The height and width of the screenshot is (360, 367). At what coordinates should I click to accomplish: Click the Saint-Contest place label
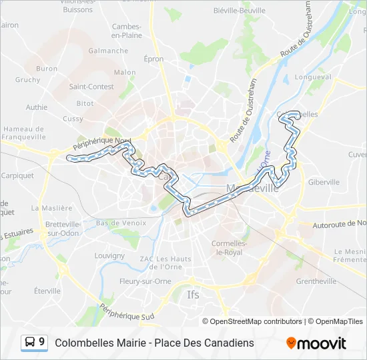click(91, 87)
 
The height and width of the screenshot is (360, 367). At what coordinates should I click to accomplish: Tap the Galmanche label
click(108, 51)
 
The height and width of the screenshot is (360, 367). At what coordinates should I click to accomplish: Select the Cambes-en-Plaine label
click(127, 31)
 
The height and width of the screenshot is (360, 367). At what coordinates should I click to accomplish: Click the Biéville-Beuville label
click(238, 11)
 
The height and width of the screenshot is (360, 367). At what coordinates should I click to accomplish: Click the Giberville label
click(324, 181)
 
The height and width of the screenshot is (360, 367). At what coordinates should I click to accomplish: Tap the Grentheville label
click(316, 281)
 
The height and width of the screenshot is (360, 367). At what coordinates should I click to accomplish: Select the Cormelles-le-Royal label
click(230, 248)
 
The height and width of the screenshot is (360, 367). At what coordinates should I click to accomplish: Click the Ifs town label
click(193, 294)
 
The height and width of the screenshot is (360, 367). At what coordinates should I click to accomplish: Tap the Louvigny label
click(109, 255)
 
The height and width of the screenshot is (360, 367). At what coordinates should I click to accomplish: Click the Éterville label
click(47, 291)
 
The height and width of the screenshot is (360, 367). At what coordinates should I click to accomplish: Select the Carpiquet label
click(17, 176)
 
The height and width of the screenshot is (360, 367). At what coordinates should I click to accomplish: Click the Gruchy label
click(28, 80)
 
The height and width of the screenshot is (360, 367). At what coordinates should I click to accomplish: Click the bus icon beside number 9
click(30, 343)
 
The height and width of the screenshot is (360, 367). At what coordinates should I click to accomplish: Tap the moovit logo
click(316, 343)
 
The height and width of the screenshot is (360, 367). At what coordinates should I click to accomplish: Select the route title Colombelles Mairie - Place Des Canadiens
click(154, 343)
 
